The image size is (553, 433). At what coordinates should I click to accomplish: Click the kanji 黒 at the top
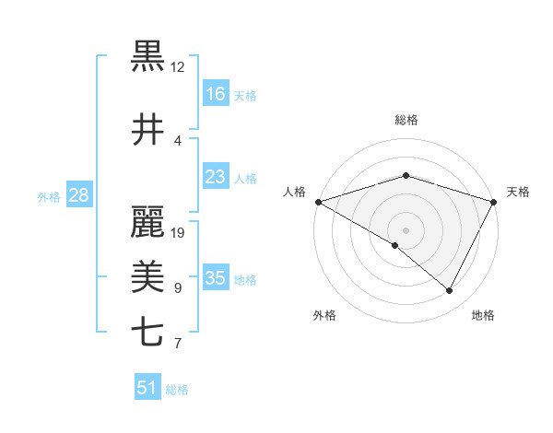coord(147,56)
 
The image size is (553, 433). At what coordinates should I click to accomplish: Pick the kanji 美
coord(147,275)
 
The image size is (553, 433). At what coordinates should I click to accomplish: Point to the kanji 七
coord(147,332)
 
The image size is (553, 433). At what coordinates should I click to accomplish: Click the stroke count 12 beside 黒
coord(178,67)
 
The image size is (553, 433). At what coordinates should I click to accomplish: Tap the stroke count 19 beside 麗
coord(178,233)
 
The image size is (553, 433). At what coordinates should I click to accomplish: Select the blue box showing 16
coord(215,93)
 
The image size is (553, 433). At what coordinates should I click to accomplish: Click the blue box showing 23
coord(215,177)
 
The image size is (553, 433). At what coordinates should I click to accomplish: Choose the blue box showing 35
coord(215,278)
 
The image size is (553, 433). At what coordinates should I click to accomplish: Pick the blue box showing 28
coord(78,195)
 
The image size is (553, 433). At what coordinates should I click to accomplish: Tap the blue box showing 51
coord(147,388)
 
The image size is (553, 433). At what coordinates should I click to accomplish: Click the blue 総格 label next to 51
coord(177,390)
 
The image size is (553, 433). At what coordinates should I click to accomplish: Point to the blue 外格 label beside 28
coord(49,196)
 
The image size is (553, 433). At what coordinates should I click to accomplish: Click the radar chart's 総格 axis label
coord(406,120)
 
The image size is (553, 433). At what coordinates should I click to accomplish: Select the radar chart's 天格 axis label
coord(518,192)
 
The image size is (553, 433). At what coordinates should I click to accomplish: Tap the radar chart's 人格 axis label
coord(294,192)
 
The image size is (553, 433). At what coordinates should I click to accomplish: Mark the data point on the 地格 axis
coord(450,291)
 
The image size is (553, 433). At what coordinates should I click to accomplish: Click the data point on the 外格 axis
coord(395,245)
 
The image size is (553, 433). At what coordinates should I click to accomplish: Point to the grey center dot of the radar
coord(406,229)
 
